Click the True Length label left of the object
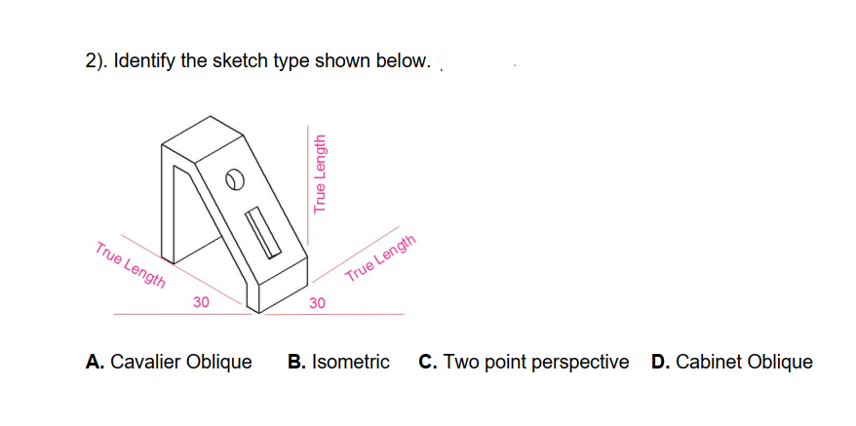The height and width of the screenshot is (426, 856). click(x=130, y=263)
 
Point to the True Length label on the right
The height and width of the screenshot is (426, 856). click(x=381, y=259)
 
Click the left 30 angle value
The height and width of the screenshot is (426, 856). click(x=201, y=302)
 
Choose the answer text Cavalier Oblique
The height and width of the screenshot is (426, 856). click(x=180, y=363)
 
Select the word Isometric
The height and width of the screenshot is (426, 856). click(x=351, y=363)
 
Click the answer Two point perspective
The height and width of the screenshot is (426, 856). click(x=536, y=363)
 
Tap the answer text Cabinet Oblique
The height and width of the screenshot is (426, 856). click(x=744, y=363)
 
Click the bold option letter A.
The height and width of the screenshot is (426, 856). click(x=95, y=363)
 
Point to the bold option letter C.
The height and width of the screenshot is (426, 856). click(x=427, y=363)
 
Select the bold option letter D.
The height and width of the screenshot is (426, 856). click(x=659, y=363)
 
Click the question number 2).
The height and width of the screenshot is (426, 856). click(x=95, y=61)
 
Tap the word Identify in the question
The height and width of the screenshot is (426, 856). click(x=144, y=61)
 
